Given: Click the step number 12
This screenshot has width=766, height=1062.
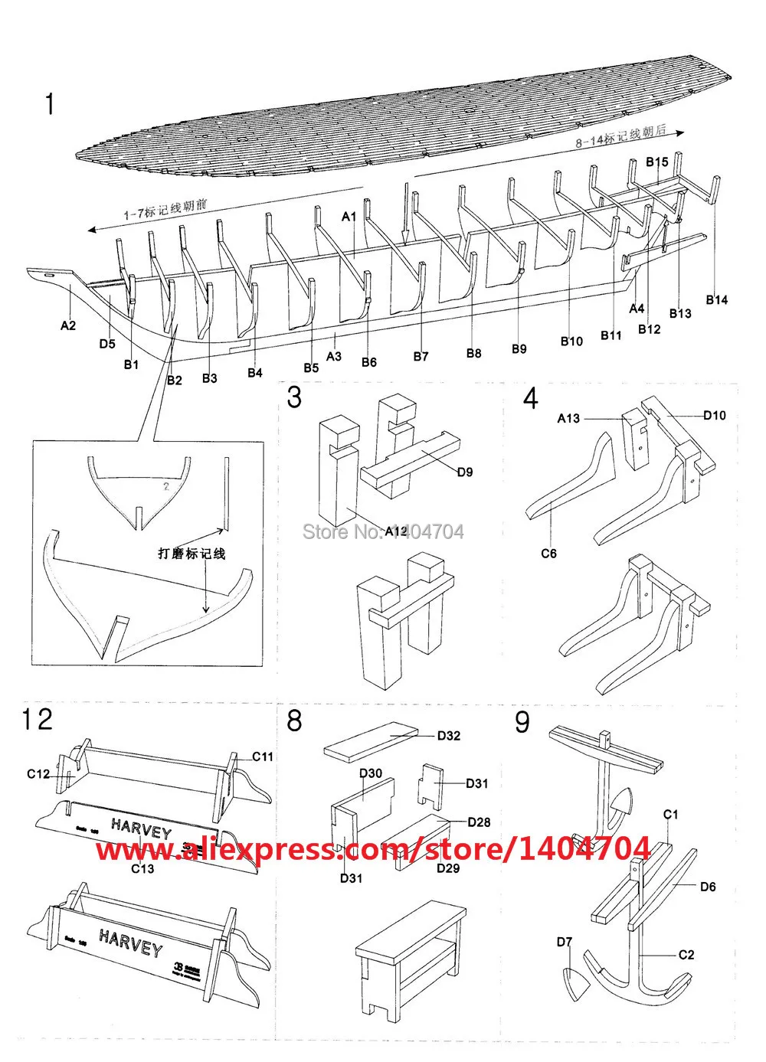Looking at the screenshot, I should point(37,720).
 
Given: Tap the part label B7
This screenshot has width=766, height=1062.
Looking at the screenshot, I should point(421,356).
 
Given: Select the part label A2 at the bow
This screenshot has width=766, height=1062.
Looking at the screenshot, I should point(68,325).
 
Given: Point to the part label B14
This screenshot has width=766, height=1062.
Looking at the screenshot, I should point(716,299).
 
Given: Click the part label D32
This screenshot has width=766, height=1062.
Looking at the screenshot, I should point(449,736).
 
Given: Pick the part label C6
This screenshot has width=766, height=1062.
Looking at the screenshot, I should point(548,553).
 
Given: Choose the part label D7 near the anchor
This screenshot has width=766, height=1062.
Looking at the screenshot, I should point(565,942).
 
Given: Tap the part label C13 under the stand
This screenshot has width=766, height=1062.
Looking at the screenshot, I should point(142,868).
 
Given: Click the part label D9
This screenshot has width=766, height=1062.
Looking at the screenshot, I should point(464,472).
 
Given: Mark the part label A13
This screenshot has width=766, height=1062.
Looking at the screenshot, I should point(568,418).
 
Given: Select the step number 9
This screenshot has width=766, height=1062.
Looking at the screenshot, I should point(522,721).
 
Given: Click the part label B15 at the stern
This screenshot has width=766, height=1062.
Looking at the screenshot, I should point(657,162).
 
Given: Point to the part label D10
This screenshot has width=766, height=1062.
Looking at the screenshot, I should point(714,416).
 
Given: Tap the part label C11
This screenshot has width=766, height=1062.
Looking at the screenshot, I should point(263,756).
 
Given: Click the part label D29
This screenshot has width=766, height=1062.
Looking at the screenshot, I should point(448,868).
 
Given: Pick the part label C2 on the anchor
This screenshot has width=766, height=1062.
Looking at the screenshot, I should point(686,954).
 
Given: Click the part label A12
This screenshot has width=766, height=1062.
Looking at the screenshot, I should point(396,531).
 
